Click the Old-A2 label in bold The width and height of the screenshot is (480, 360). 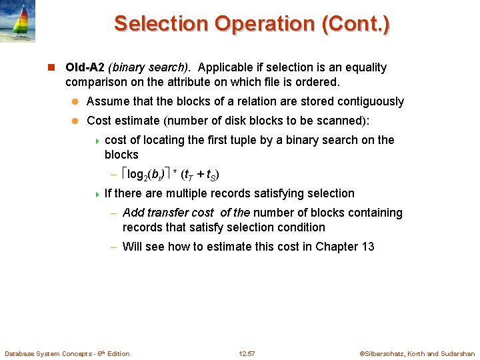85,67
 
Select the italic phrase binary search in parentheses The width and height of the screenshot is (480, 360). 150,67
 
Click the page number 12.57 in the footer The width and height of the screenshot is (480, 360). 247,353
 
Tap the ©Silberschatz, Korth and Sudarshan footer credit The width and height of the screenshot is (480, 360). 417,353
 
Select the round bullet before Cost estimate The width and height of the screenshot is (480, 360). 75,121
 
